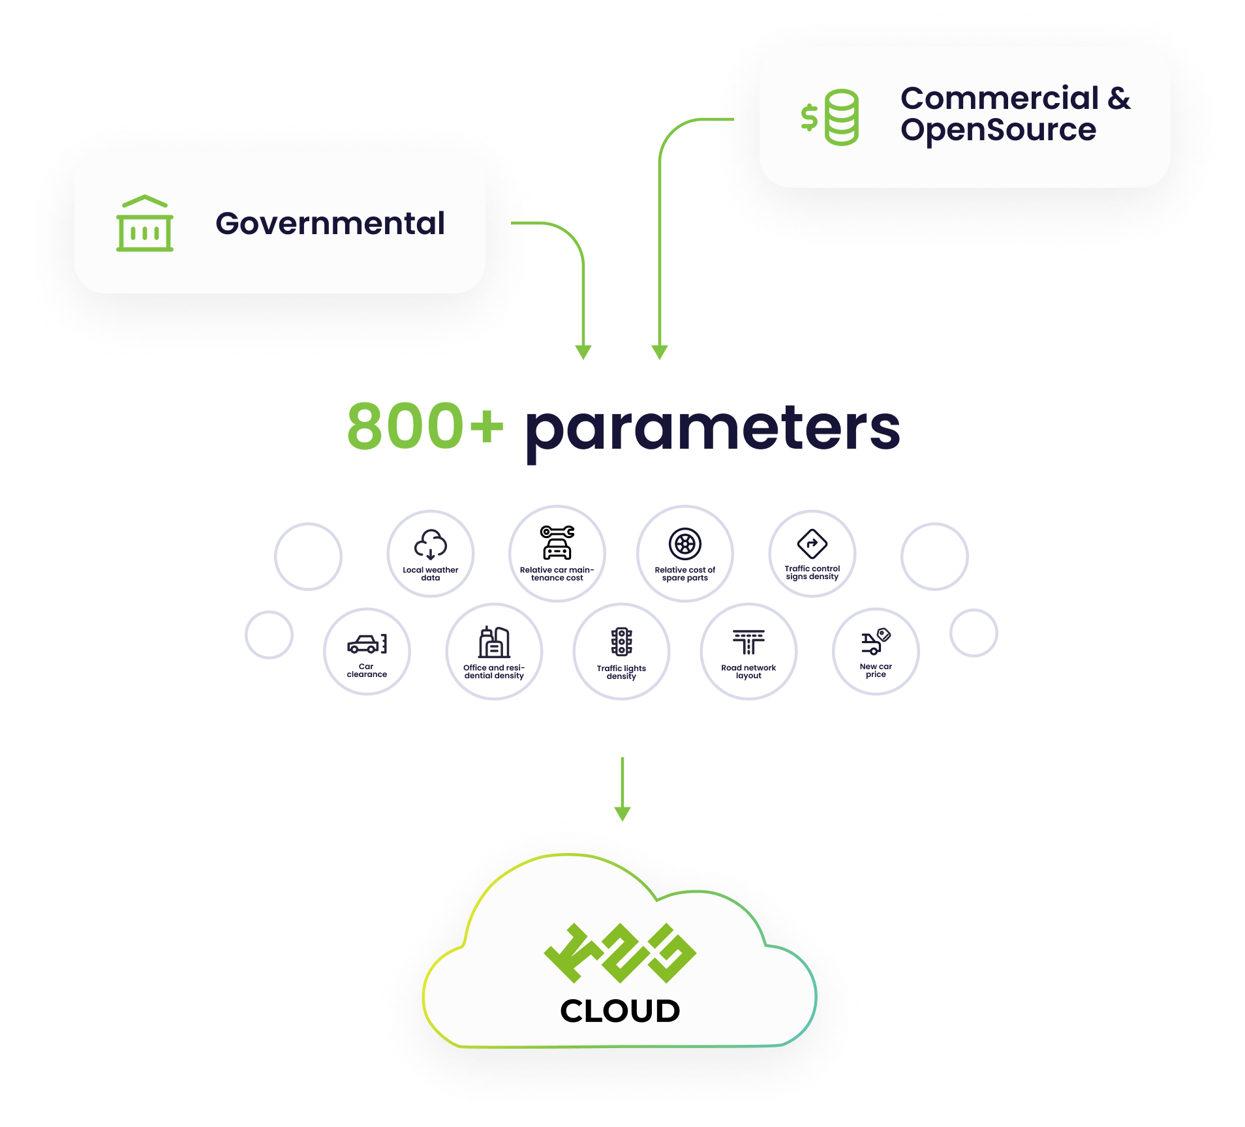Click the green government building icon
(145, 223)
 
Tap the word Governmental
(330, 223)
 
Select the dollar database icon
(830, 117)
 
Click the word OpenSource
(998, 130)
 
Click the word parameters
(713, 428)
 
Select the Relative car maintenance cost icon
(557, 543)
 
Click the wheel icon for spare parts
(684, 543)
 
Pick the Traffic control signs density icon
(812, 543)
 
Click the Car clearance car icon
(367, 644)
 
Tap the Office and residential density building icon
(494, 642)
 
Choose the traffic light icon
(621, 642)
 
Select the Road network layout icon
(748, 642)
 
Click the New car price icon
(876, 642)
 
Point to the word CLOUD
(620, 1011)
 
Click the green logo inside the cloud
(620, 953)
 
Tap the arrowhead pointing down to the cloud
(622, 814)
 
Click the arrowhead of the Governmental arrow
(583, 352)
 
